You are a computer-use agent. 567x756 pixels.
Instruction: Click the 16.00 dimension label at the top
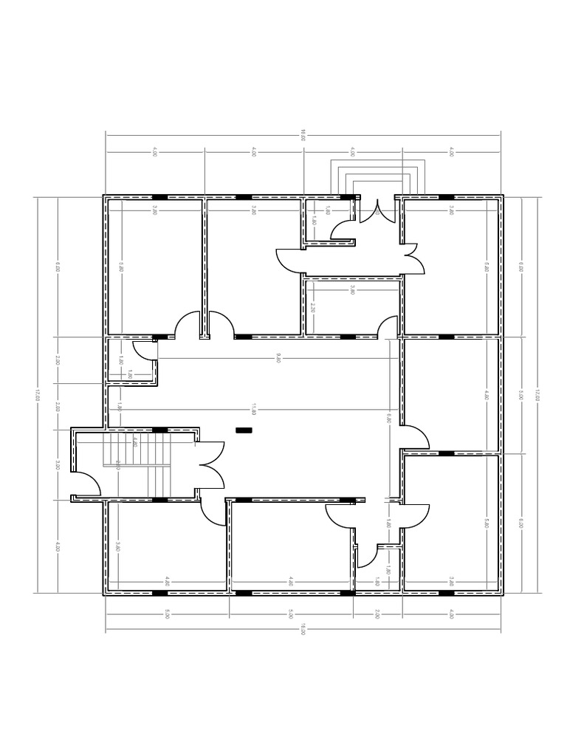pos(303,134)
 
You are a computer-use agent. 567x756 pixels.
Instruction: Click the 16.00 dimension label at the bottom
pos(303,630)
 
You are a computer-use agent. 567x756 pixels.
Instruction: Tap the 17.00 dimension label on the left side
pos(38,396)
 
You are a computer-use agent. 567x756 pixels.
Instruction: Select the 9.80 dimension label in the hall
pos(278,358)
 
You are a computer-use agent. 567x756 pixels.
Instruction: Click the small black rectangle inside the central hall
pos(243,429)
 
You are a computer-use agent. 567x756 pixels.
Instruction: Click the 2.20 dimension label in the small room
pos(314,309)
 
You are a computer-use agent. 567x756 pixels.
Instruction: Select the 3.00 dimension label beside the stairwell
pos(58,465)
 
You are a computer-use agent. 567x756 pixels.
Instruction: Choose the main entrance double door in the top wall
pos(377,210)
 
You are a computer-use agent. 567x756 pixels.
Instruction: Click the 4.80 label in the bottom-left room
pos(168,581)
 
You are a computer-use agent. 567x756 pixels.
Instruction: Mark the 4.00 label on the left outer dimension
pos(58,547)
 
